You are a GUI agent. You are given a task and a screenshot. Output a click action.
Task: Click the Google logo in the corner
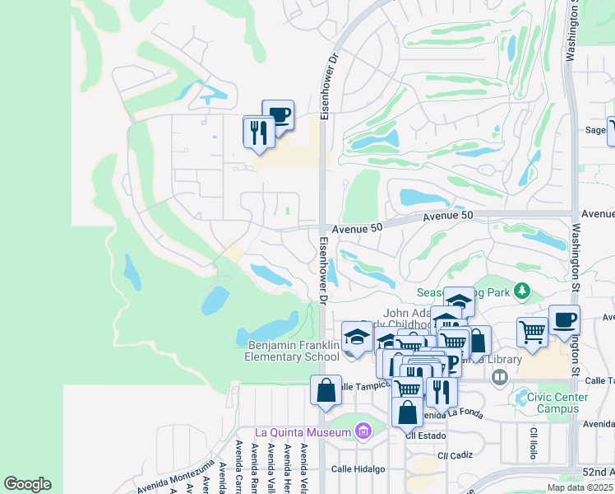coord(27,484)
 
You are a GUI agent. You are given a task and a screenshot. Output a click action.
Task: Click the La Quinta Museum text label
coord(303,432)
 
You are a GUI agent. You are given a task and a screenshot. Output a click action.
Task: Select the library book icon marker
coord(499,376)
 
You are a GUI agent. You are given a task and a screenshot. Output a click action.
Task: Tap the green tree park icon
coord(520,291)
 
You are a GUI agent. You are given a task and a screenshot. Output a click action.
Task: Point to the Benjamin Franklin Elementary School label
coord(291,351)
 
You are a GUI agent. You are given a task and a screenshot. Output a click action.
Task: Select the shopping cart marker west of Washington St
coord(532,332)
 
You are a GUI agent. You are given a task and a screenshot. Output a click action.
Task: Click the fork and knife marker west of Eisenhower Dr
coord(259,132)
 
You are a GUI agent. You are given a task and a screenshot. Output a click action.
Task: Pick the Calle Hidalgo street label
coord(358,468)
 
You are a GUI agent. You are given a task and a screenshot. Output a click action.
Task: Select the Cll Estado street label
coord(428,436)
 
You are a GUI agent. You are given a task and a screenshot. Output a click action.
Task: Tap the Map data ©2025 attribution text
coord(580,487)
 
